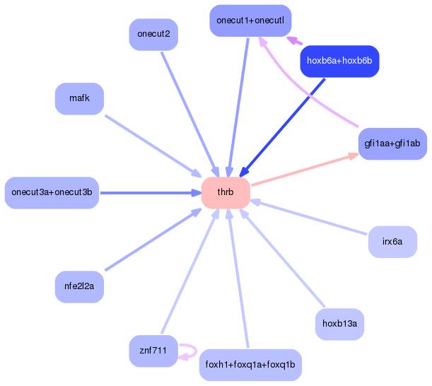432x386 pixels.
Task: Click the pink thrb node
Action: [226, 193]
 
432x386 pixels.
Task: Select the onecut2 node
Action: [153, 35]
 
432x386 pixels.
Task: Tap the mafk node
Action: [79, 98]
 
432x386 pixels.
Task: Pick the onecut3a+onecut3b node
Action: [52, 192]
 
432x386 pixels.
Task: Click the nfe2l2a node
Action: [79, 286]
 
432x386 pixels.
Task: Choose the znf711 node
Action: [153, 351]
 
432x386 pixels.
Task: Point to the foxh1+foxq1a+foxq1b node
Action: [250, 365]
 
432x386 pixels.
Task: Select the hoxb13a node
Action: [339, 324]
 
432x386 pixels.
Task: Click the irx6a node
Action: [392, 242]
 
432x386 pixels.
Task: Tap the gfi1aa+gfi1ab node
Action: [392, 144]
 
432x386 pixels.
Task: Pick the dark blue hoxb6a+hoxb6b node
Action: [339, 62]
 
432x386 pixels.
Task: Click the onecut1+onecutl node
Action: [250, 21]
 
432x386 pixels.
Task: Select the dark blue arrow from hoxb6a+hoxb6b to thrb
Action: [283, 127]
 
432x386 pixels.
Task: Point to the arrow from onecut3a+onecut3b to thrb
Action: [148, 192]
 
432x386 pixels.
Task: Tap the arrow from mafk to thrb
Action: [152, 145]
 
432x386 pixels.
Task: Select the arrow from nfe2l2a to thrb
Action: [152, 240]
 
